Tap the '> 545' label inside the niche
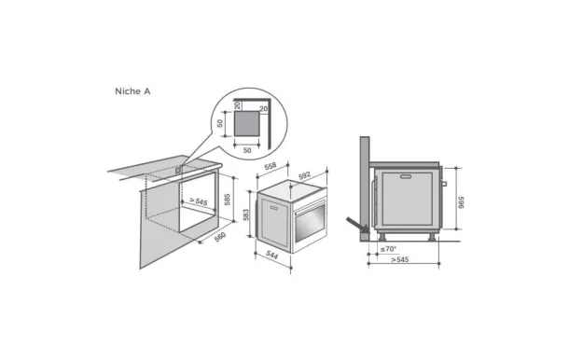coord(197,201)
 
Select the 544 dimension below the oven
coord(271,254)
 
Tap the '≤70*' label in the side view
coord(388,249)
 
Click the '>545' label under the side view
coord(399,260)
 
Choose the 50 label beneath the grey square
coord(247,148)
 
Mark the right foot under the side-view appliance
coord(432,235)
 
